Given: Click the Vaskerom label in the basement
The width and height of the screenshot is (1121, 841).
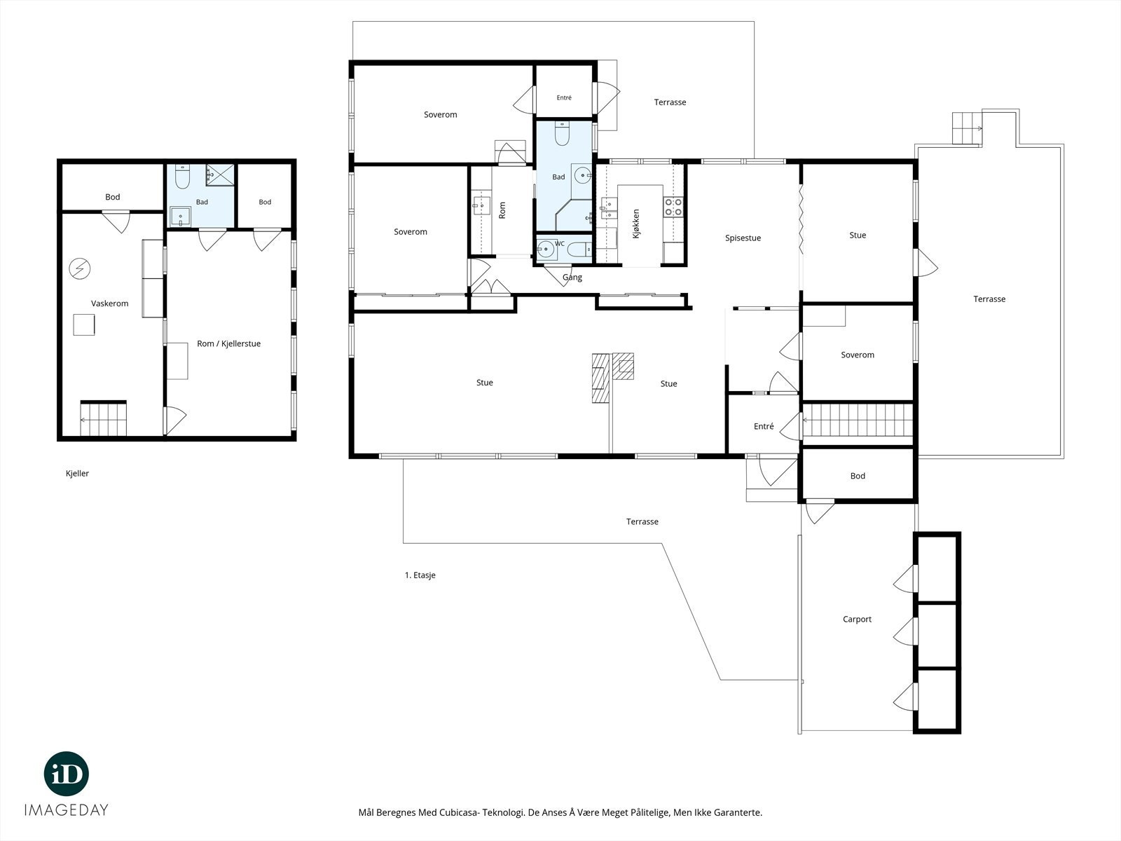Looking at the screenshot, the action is pyautogui.click(x=110, y=303).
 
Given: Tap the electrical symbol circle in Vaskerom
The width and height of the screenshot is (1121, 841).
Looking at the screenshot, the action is pyautogui.click(x=80, y=268).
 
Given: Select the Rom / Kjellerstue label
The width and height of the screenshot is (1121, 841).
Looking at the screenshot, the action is pyautogui.click(x=229, y=343).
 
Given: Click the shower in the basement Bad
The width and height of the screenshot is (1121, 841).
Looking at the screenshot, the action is pyautogui.click(x=220, y=175).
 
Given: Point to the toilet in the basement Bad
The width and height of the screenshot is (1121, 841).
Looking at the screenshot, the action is pyautogui.click(x=182, y=176).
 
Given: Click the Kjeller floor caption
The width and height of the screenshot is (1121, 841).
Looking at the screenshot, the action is pyautogui.click(x=77, y=473).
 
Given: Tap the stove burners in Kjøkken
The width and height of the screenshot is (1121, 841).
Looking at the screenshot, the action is pyautogui.click(x=673, y=207).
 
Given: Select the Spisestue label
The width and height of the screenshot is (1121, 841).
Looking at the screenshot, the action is pyautogui.click(x=743, y=238).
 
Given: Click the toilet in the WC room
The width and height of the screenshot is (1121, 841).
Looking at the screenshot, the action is pyautogui.click(x=579, y=249).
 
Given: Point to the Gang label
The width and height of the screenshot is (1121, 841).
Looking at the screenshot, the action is pyautogui.click(x=572, y=278).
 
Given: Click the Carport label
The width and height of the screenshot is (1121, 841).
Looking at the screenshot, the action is pyautogui.click(x=857, y=620).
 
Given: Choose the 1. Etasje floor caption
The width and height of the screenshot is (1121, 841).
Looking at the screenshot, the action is pyautogui.click(x=420, y=575).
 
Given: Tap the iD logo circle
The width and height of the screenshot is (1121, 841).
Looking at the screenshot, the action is pyautogui.click(x=67, y=774).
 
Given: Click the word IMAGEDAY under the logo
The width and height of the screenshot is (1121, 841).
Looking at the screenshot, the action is pyautogui.click(x=67, y=810).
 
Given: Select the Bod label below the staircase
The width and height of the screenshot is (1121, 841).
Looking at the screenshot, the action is pyautogui.click(x=858, y=476).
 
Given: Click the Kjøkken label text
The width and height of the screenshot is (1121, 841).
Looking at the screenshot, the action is pyautogui.click(x=636, y=224).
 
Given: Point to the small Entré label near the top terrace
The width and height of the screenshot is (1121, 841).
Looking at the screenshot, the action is pyautogui.click(x=564, y=97).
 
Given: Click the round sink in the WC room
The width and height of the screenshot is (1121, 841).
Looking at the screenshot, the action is pyautogui.click(x=546, y=250).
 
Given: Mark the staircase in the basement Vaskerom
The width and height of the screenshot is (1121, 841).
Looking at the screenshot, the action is pyautogui.click(x=103, y=419).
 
